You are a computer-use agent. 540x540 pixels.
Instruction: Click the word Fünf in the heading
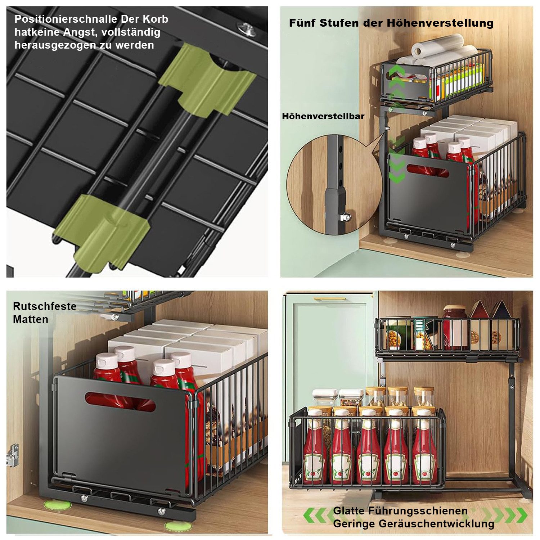[302, 23]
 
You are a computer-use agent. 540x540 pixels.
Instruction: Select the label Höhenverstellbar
[323, 116]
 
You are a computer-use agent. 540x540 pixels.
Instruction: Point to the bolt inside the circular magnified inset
[346, 217]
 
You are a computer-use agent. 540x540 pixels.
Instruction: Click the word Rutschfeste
[45, 306]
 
